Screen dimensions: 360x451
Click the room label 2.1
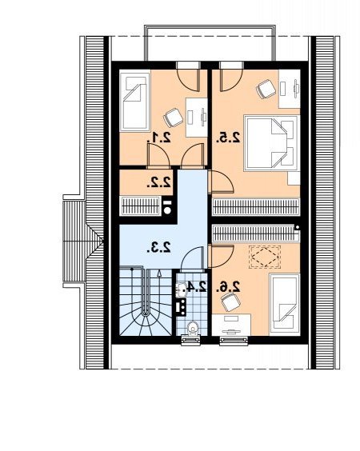[x=159, y=138]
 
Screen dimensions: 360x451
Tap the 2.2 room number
[x=159, y=182]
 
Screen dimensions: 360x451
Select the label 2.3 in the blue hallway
[x=159, y=247]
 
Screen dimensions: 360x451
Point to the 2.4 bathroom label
[x=197, y=286]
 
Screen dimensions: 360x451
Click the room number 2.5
[x=228, y=138]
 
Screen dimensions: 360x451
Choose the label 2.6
[x=228, y=286]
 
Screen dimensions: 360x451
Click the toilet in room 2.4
[x=192, y=328]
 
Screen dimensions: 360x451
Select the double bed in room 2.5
[x=270, y=143]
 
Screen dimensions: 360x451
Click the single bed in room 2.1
[x=135, y=101]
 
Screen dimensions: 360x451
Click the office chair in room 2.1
[x=174, y=118]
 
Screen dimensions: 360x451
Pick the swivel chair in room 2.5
[x=266, y=89]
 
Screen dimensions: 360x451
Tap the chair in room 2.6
[x=230, y=302]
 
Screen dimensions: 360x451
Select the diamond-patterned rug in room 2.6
[x=265, y=257]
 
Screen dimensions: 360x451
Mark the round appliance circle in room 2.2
[x=167, y=210]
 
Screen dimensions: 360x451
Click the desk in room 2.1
[x=197, y=118]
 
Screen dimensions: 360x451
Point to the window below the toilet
[x=190, y=340]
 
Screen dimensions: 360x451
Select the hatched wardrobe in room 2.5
[x=255, y=207]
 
